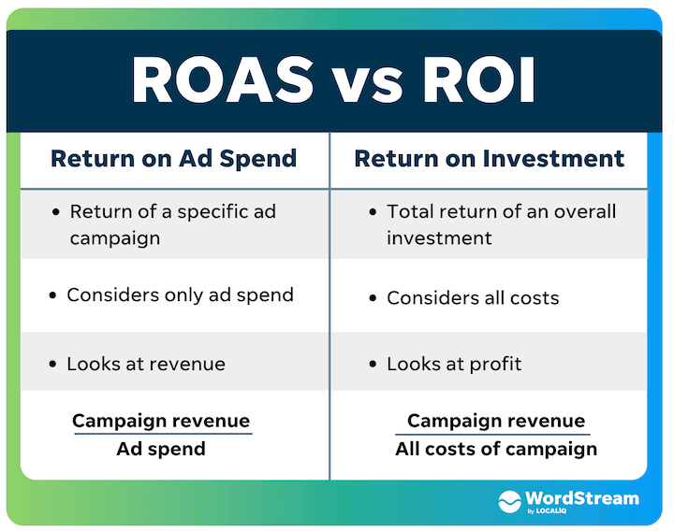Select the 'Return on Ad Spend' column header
(x=173, y=158)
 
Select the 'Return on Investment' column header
(x=489, y=158)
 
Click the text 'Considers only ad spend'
(x=180, y=295)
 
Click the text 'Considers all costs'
(x=473, y=298)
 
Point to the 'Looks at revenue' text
(x=146, y=365)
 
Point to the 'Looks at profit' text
(x=454, y=365)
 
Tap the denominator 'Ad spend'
(x=161, y=449)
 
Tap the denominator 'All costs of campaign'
(x=495, y=449)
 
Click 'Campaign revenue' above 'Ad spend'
(x=161, y=421)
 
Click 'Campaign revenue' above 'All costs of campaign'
(x=495, y=421)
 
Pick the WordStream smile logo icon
(x=509, y=500)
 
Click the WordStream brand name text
(x=582, y=497)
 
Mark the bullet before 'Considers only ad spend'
(x=52, y=296)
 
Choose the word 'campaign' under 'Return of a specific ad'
(x=115, y=237)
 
